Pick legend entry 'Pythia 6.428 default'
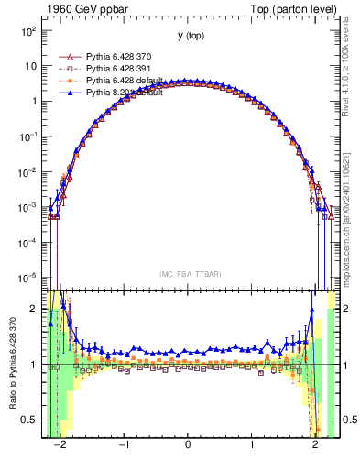[x=126, y=81]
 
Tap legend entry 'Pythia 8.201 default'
[x=126, y=93]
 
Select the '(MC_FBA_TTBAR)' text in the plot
[x=189, y=274]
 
